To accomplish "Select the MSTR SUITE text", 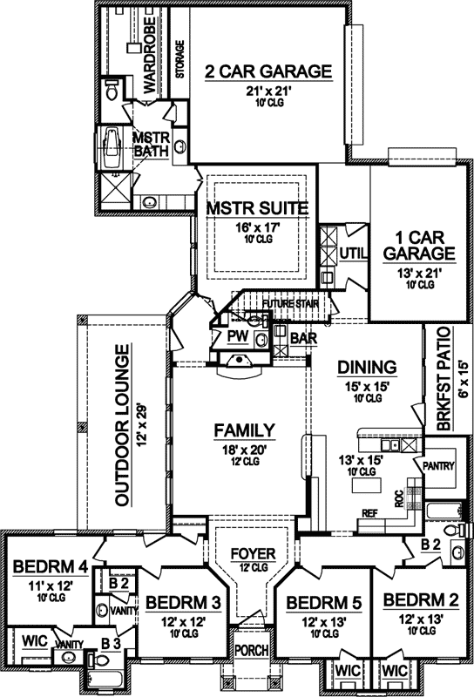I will point(256,208).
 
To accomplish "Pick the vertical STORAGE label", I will point(180,59).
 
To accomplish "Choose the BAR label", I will point(302,336).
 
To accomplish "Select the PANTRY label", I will point(439,466).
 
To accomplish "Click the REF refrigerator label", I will point(369,514).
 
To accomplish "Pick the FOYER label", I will point(253,554).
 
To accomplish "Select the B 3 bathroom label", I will point(111,644).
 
